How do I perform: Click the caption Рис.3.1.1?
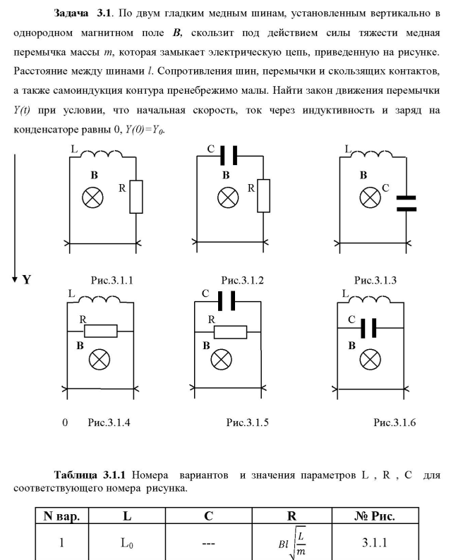pyautogui.click(x=112, y=280)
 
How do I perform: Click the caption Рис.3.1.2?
pyautogui.click(x=242, y=280)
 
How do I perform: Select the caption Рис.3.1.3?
pyautogui.click(x=375, y=280)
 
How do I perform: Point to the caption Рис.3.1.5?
pyautogui.click(x=248, y=422)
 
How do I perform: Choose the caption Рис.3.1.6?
pyautogui.click(x=395, y=422)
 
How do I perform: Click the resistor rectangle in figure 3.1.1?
pyautogui.click(x=137, y=196)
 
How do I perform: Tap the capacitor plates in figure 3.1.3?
pyautogui.click(x=407, y=203)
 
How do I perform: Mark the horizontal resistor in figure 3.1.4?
pyautogui.click(x=100, y=331)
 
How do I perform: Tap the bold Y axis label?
pyautogui.click(x=27, y=280)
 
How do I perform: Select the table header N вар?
pyautogui.click(x=61, y=516)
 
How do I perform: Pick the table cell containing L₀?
pyautogui.click(x=127, y=543)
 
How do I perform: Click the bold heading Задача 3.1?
pyautogui.click(x=78, y=13)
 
